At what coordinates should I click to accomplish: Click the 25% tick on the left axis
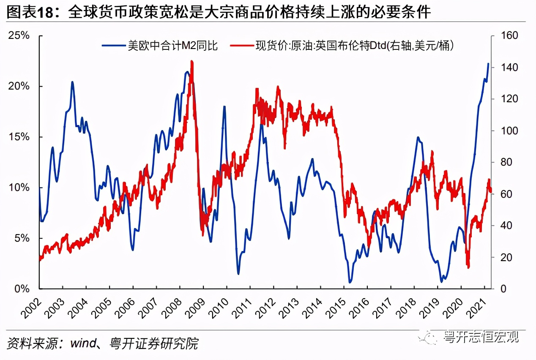point(19,36)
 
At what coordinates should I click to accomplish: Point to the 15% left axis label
point(19,137)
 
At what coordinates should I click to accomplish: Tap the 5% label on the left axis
point(22,238)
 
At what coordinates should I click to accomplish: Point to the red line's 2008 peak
point(192,62)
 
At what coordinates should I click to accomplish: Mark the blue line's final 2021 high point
point(488,64)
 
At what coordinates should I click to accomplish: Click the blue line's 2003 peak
point(72,82)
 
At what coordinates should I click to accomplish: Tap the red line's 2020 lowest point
point(468,267)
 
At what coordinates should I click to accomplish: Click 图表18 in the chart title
point(32,13)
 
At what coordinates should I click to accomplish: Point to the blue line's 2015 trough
point(350,282)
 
